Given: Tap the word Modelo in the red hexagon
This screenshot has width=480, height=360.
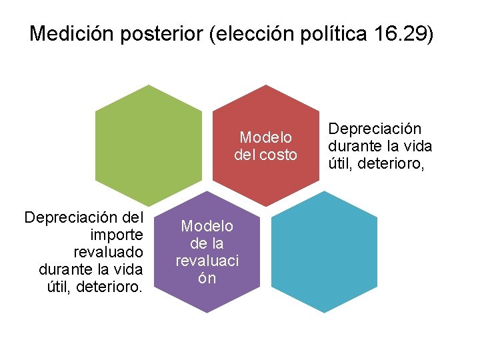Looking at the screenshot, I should click(x=266, y=137).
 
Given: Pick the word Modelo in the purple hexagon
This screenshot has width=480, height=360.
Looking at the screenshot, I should click(x=207, y=227).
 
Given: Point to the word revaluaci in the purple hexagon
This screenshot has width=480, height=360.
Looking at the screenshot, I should click(x=207, y=261).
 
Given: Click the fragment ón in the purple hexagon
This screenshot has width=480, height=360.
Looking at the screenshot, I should click(x=207, y=278).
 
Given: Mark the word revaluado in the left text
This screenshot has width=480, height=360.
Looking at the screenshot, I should click(x=109, y=252).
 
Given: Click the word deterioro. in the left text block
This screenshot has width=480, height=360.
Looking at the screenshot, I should click(x=110, y=287).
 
